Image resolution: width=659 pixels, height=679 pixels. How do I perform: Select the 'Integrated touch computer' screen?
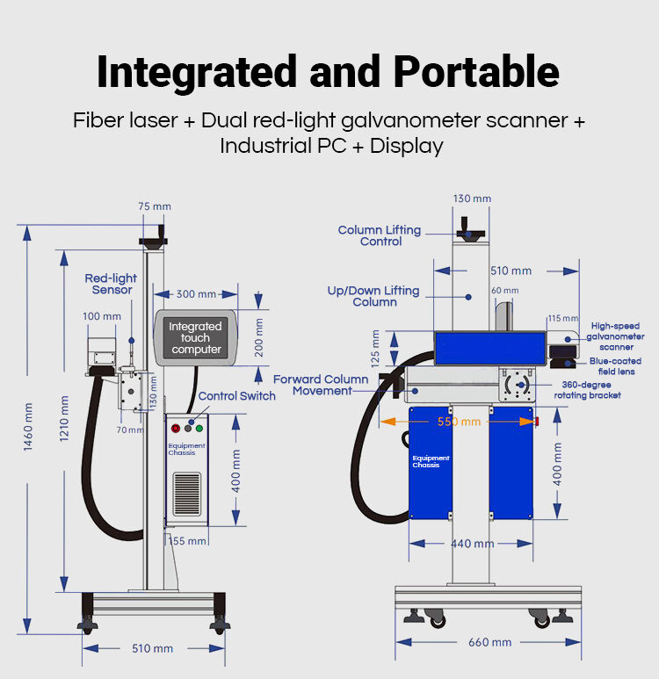coord(196,337)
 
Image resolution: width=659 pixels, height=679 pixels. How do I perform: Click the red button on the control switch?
coord(175,429)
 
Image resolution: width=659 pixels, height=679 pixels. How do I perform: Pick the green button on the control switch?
coord(199,429)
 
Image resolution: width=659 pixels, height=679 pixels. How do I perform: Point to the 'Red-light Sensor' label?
coord(112,284)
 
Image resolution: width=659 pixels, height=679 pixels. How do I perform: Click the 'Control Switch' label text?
coord(236,396)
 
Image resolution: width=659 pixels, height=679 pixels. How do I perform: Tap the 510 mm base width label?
coord(152,648)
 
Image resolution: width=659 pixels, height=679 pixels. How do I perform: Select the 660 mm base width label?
coord(489,642)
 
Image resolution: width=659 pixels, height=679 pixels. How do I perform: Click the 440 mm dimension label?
coord(472,544)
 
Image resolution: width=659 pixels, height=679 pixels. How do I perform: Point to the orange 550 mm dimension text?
coord(460,422)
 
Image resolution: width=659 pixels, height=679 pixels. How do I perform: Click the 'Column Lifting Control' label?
coord(380,235)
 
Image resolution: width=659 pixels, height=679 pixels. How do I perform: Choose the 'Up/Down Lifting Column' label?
coord(373,296)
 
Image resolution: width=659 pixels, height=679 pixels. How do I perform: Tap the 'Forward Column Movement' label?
coord(321,385)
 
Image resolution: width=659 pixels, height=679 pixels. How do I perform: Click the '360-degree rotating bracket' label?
coord(587,389)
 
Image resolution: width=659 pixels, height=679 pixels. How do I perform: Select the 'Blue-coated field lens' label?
coord(615,366)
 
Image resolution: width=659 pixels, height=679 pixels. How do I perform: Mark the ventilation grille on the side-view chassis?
coord(186,496)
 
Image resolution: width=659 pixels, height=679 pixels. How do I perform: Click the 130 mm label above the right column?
coord(472,199)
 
